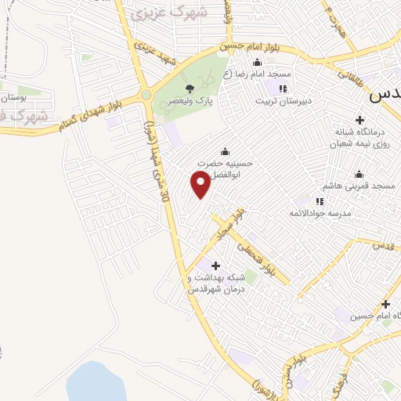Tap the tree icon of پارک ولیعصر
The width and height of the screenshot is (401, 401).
(190, 89)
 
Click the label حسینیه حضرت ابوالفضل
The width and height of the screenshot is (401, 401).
(226, 168)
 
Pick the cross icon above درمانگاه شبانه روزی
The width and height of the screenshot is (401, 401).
(359, 120)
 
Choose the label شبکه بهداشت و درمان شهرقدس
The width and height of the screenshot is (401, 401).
(217, 283)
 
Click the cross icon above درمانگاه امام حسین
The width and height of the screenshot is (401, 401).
(385, 304)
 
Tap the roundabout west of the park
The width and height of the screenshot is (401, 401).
(146, 96)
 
